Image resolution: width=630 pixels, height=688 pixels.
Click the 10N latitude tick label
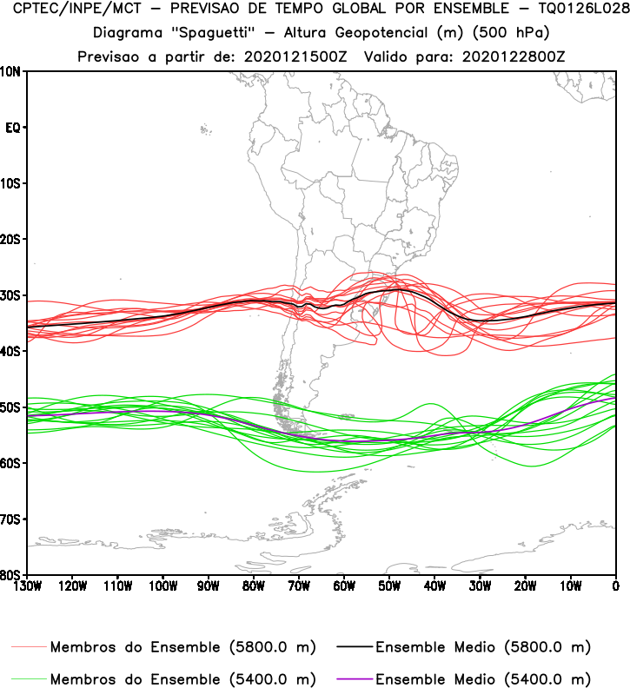12,71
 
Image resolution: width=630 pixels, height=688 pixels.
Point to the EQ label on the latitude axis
13,128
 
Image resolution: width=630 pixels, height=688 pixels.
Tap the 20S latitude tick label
12,239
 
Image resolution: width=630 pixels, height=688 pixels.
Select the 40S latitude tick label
12,351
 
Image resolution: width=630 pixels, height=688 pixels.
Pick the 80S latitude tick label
12,574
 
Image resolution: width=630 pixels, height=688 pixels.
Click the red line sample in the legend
30,647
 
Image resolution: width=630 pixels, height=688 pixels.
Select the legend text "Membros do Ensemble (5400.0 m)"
182,678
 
